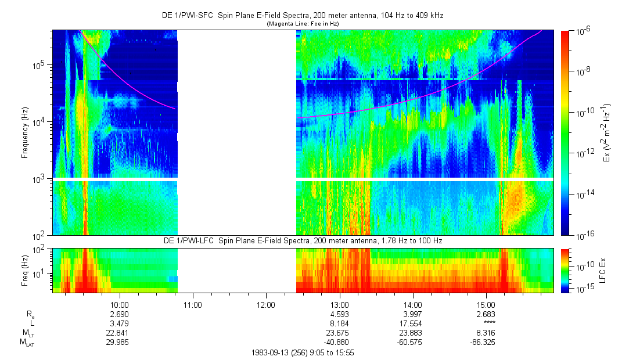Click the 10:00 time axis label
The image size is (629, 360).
(x=119, y=304)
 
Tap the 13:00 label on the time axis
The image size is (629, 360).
(x=339, y=304)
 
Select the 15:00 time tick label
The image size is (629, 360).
(x=486, y=304)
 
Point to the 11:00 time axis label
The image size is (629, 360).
(x=192, y=304)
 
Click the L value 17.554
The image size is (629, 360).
(x=412, y=323)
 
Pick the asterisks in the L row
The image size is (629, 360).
(x=487, y=323)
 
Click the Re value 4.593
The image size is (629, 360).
(x=339, y=314)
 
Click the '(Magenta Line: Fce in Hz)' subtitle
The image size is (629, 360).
(x=303, y=24)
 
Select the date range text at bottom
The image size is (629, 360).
(x=303, y=352)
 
